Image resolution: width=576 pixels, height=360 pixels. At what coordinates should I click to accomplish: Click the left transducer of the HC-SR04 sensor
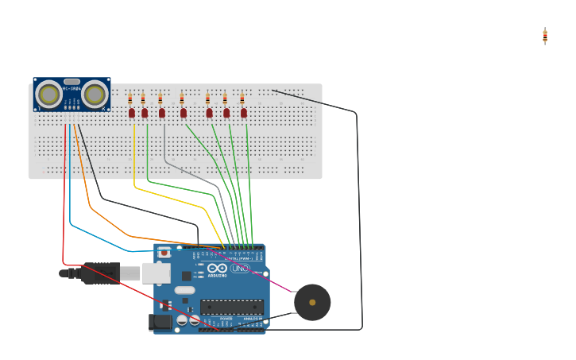click(49, 95)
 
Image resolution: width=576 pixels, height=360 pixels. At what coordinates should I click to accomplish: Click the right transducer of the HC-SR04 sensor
click(95, 95)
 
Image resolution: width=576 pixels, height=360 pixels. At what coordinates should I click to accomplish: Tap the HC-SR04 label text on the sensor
click(72, 89)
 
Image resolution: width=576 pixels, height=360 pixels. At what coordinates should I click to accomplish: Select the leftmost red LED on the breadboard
click(132, 113)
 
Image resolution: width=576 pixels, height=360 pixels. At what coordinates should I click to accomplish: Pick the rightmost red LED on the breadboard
click(244, 113)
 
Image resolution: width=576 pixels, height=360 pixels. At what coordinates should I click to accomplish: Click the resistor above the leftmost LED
click(130, 99)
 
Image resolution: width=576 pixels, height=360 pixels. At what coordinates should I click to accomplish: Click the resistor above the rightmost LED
click(242, 99)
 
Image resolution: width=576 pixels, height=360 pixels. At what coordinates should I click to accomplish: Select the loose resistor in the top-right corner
click(545, 36)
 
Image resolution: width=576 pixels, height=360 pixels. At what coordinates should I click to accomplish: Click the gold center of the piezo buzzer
click(312, 302)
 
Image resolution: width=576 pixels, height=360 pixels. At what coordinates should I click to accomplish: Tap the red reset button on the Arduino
click(164, 254)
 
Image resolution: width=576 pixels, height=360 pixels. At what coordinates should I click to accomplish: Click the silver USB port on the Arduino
click(156, 273)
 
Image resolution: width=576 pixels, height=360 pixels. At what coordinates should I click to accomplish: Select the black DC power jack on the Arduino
click(160, 322)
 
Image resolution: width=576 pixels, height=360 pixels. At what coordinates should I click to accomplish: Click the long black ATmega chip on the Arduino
click(231, 307)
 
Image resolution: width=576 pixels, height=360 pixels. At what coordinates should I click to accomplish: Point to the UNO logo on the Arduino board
click(239, 269)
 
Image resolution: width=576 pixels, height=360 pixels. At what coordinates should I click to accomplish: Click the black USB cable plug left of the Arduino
click(99, 273)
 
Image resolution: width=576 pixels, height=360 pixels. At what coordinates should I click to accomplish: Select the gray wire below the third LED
click(165, 147)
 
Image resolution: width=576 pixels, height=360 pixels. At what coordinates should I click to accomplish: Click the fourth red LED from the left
click(184, 113)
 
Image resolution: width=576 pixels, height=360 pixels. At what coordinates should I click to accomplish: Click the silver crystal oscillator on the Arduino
click(184, 290)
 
